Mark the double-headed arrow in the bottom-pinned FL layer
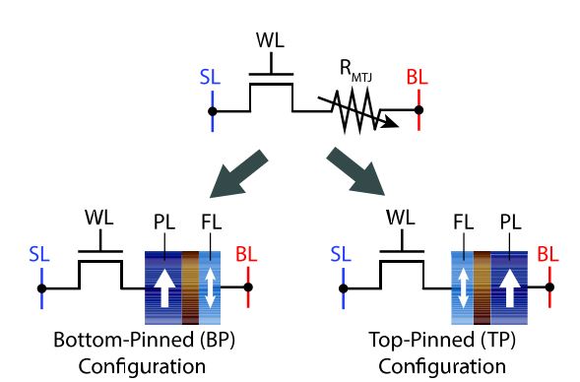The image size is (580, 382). click(208, 288)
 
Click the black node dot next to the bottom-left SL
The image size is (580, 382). click(41, 288)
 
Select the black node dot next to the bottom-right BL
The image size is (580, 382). click(549, 288)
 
